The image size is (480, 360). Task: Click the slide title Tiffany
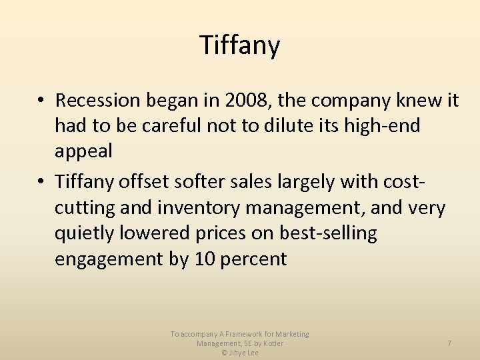(240, 46)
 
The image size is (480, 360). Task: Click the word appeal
(83, 151)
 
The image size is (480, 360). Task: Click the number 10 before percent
(204, 259)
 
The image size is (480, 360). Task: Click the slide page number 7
(449, 343)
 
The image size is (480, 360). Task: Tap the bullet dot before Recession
(41, 101)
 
